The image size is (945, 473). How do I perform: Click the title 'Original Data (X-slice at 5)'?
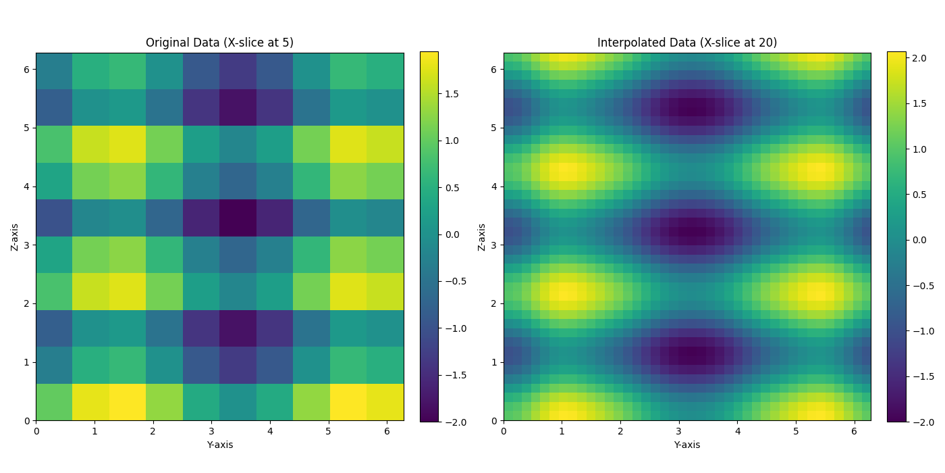point(219,43)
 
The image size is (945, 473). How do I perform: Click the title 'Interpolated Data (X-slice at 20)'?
point(686,43)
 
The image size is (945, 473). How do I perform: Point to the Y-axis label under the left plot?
point(219,445)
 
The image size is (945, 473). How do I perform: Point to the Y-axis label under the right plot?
point(686,445)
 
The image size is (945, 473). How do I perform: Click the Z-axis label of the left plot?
point(15,236)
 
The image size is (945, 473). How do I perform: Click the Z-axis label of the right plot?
point(482,236)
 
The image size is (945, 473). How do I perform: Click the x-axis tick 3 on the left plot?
point(211,430)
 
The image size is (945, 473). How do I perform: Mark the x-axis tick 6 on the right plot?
point(854,430)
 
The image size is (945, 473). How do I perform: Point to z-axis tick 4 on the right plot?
point(493,186)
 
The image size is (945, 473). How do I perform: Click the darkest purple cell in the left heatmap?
point(238,218)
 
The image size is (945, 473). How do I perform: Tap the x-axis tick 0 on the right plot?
point(504,430)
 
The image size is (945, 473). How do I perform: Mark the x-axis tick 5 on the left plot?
point(328,430)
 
